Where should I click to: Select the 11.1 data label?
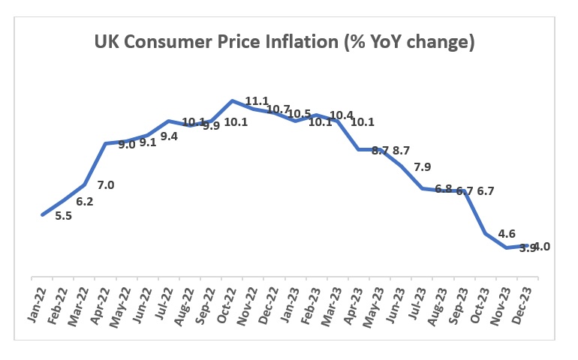coord(257,101)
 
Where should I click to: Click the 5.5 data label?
coord(64,216)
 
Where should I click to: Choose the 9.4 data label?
coord(170,136)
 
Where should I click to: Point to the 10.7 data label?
coord(278,109)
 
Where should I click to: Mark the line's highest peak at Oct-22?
coord(233,100)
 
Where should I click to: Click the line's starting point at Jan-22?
coord(42,215)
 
